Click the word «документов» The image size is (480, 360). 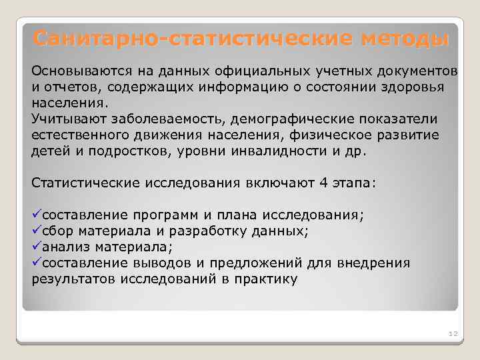418,71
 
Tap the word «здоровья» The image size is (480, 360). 417,87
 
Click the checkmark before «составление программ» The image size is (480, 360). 37,215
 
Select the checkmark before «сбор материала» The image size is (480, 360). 37,231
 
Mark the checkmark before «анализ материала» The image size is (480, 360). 37,247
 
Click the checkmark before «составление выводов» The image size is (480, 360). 37,263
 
